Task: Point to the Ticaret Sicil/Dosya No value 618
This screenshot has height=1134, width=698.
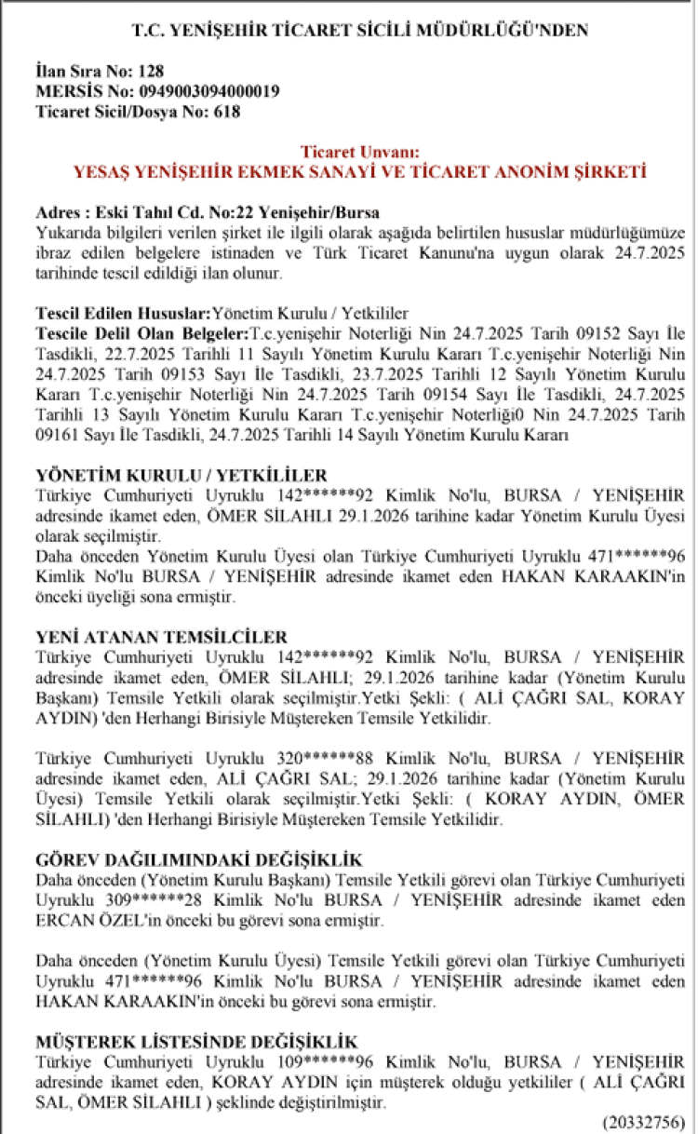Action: tap(228, 112)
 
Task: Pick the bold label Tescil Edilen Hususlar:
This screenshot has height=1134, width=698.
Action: tap(123, 314)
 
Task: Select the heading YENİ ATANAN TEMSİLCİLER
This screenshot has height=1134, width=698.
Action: tap(161, 637)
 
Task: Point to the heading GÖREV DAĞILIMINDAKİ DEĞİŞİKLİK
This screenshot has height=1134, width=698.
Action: tap(198, 859)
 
